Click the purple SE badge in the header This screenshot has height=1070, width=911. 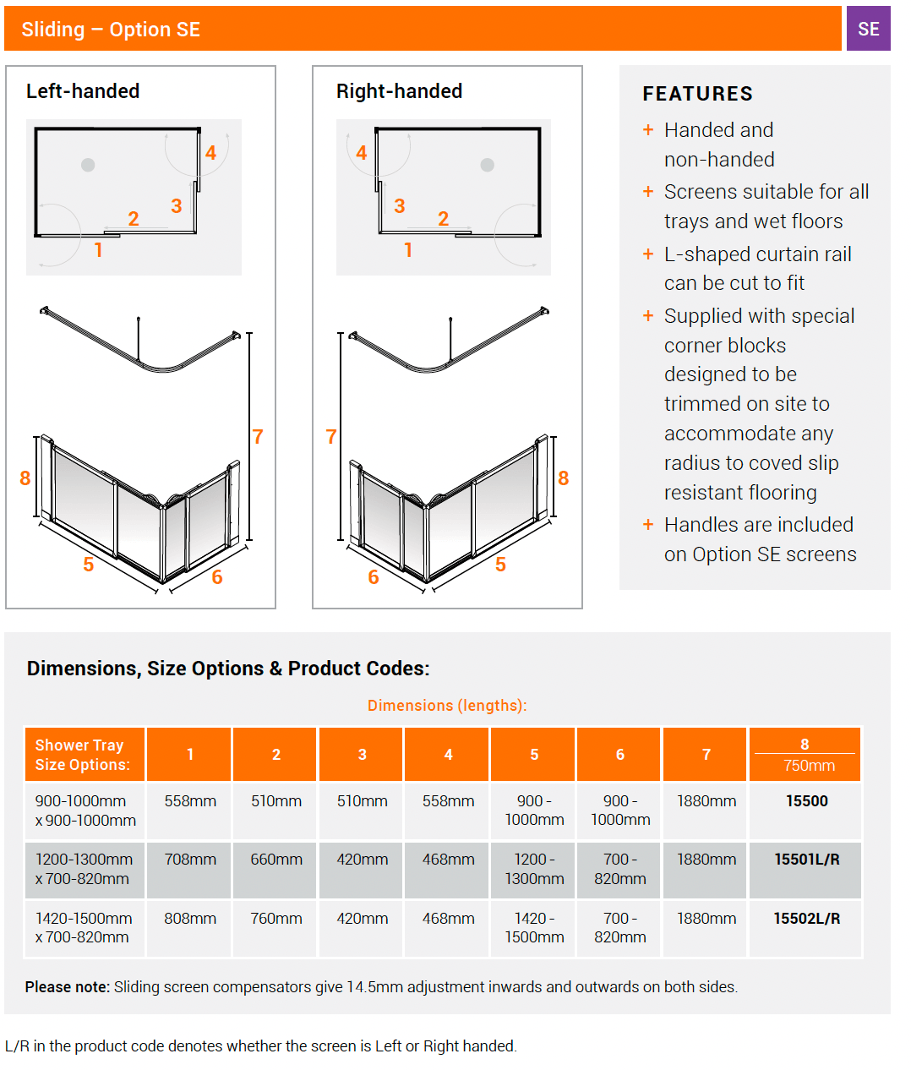(868, 29)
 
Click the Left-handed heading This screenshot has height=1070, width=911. (83, 91)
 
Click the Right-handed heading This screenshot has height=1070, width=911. (399, 91)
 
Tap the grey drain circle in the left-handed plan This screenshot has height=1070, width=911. (88, 165)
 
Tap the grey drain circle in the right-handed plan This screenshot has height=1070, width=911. (488, 165)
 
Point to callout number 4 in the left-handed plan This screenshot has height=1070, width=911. (210, 153)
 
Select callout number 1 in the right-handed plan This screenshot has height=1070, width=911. (408, 250)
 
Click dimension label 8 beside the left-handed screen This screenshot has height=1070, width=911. (25, 478)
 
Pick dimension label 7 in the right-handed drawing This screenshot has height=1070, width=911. (331, 437)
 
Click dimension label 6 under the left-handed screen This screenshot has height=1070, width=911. (217, 577)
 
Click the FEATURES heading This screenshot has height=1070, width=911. (697, 94)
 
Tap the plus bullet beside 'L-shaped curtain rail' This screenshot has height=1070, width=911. (648, 254)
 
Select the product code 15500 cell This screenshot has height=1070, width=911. (806, 801)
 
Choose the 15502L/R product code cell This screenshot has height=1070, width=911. (806, 919)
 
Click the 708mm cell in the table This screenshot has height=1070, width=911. (190, 860)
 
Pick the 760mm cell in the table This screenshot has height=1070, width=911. (276, 919)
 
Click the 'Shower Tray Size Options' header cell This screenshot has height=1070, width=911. (83, 755)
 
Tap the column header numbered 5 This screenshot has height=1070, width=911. (534, 755)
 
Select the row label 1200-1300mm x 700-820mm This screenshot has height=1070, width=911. (84, 869)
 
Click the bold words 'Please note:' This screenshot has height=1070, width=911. (68, 987)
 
